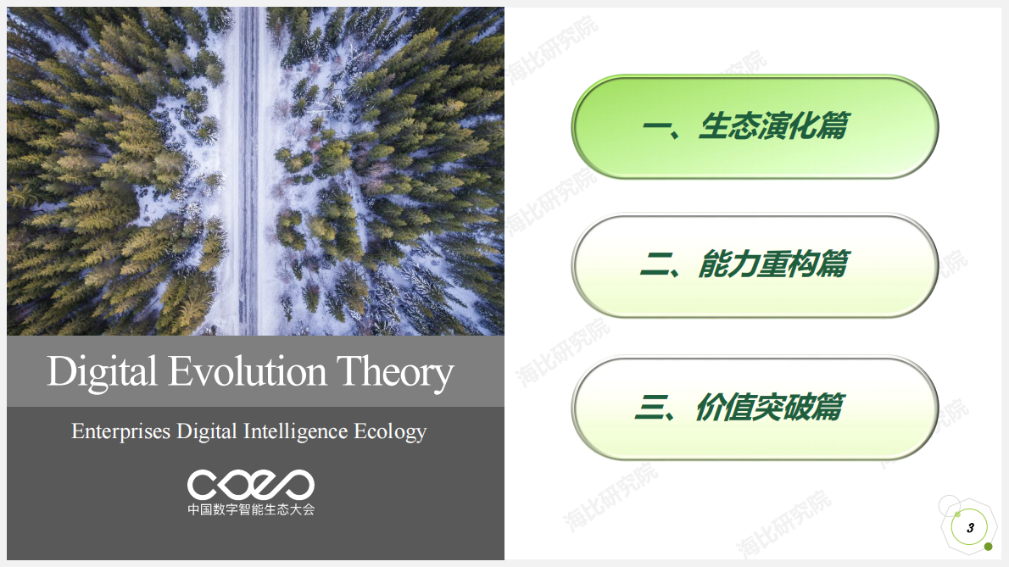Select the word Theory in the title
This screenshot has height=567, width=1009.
click(x=394, y=373)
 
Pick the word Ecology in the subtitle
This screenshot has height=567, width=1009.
click(x=390, y=432)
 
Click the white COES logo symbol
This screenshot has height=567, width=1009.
click(x=250, y=484)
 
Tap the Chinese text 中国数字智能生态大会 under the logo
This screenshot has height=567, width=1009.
click(x=250, y=510)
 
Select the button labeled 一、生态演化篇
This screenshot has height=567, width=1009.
click(x=755, y=127)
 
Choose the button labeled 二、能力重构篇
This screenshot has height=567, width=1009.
click(x=755, y=265)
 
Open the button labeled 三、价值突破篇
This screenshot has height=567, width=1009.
click(x=755, y=408)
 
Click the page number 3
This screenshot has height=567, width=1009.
click(x=970, y=528)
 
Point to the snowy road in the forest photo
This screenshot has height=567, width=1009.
click(x=248, y=170)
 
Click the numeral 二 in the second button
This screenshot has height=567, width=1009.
click(x=655, y=266)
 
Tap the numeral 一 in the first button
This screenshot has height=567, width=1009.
click(x=657, y=128)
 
